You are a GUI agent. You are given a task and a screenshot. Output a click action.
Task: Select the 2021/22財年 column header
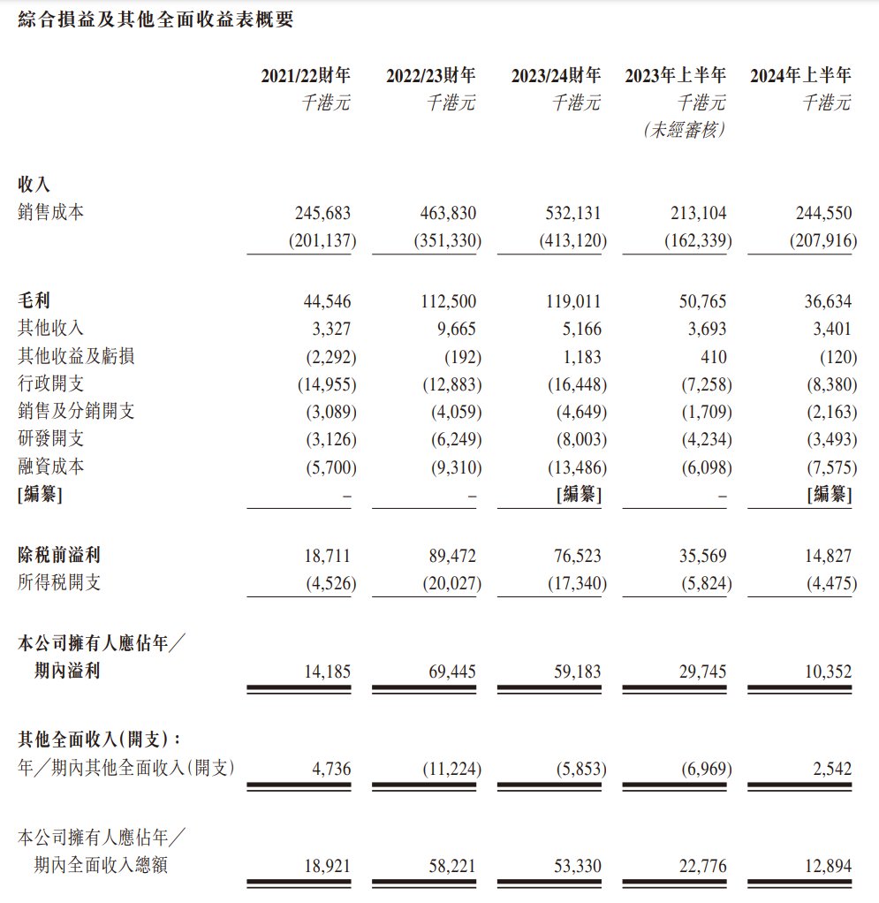tap(305, 76)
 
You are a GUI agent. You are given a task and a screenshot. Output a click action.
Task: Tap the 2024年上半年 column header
tap(800, 76)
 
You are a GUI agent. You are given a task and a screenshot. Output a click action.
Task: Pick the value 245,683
tap(322, 213)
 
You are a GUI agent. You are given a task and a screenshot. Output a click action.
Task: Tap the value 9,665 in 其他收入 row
tap(458, 330)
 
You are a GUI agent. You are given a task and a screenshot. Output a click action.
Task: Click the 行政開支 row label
tap(51, 384)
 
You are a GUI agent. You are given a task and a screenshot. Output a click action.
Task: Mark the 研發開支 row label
tap(51, 439)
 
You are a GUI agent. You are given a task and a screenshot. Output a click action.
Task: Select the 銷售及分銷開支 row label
tap(76, 412)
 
